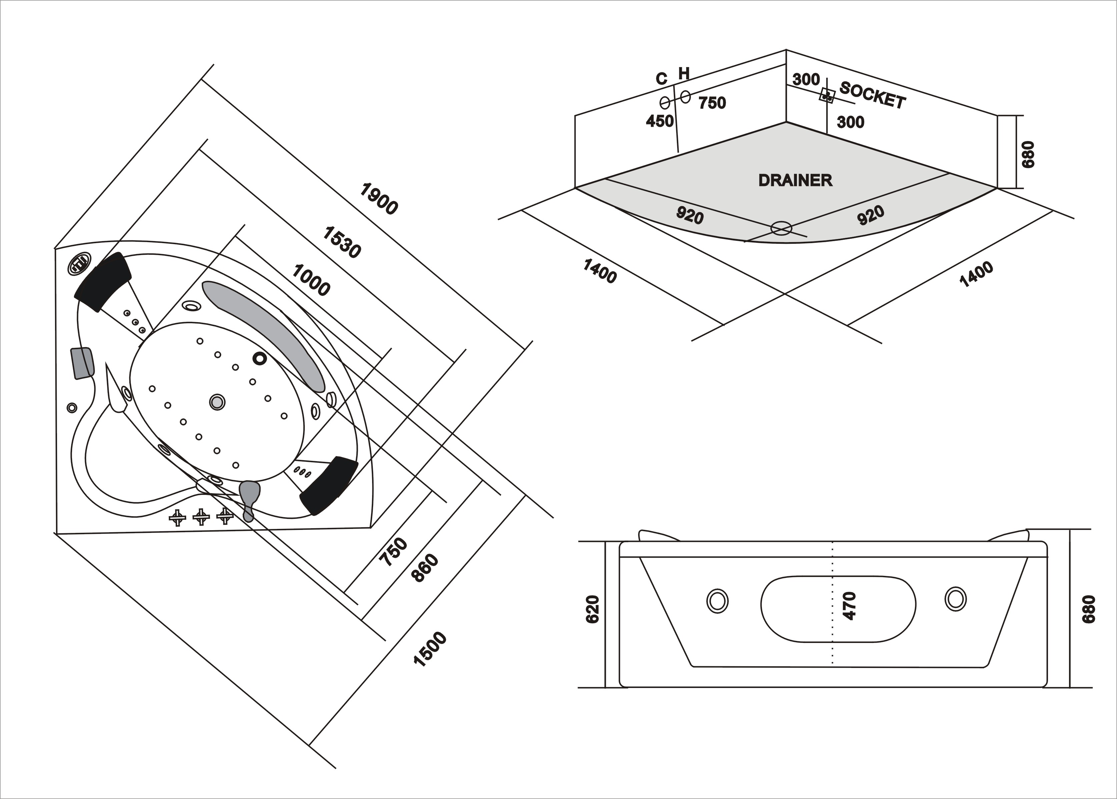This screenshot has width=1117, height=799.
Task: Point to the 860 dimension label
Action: (425, 568)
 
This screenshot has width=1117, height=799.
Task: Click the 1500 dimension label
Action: (430, 649)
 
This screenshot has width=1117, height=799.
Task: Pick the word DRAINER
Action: (795, 180)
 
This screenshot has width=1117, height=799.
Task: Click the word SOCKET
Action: (872, 95)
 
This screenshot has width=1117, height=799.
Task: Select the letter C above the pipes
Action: (662, 79)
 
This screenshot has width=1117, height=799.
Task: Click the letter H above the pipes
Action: (684, 74)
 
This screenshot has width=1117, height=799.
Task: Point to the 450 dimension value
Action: (660, 121)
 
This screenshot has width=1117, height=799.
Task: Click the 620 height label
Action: (593, 609)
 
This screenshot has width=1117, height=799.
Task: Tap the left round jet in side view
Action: (717, 601)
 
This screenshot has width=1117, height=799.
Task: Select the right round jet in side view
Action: (955, 599)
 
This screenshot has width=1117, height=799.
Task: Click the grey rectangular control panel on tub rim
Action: (83, 362)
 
